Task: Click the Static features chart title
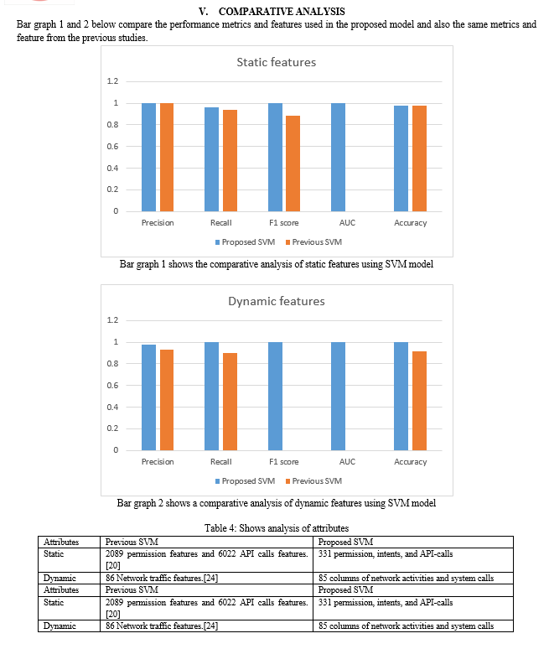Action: click(x=277, y=62)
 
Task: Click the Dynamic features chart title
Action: click(x=277, y=301)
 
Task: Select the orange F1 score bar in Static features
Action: click(x=293, y=164)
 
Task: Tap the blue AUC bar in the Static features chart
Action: click(x=338, y=158)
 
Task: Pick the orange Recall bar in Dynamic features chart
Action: click(x=230, y=402)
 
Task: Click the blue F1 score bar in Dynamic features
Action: click(x=275, y=396)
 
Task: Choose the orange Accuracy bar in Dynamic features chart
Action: click(x=420, y=401)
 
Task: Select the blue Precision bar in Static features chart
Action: click(x=149, y=158)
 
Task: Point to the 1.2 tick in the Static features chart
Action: click(x=112, y=81)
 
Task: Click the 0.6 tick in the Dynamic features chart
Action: click(x=112, y=386)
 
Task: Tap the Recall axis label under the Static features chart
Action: click(x=221, y=223)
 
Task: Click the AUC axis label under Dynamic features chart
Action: click(x=347, y=461)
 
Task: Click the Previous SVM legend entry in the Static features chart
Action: click(x=313, y=242)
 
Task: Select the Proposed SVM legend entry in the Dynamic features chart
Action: click(x=245, y=481)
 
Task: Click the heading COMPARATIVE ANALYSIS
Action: click(x=282, y=11)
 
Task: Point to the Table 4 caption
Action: click(x=277, y=528)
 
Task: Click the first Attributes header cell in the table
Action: click(x=61, y=542)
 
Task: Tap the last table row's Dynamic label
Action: click(x=60, y=626)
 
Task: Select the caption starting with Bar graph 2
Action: click(x=277, y=503)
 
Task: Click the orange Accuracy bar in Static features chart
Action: click(x=420, y=158)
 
